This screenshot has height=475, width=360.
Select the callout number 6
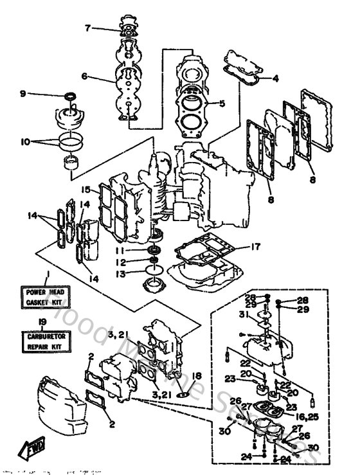click(x=85, y=75)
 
